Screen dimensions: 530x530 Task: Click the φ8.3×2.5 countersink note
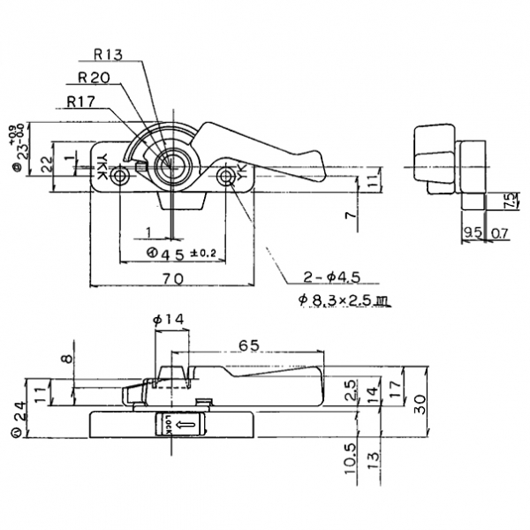coord(344,300)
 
